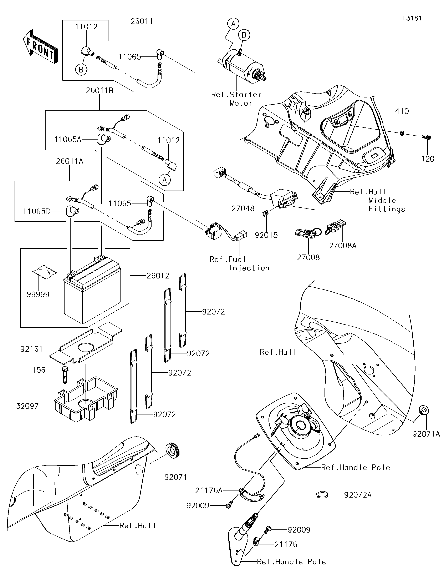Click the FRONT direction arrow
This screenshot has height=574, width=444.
tap(40, 47)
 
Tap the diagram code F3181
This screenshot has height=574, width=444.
tap(412, 18)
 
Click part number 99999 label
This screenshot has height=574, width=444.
tap(38, 294)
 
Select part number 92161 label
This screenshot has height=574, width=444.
tap(31, 349)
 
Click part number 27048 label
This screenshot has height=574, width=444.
tap(243, 208)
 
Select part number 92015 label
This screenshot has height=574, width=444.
tap(266, 235)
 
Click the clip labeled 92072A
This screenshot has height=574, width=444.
tap(322, 495)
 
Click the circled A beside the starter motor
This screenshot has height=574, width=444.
tap(233, 24)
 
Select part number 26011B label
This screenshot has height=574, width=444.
tap(99, 90)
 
